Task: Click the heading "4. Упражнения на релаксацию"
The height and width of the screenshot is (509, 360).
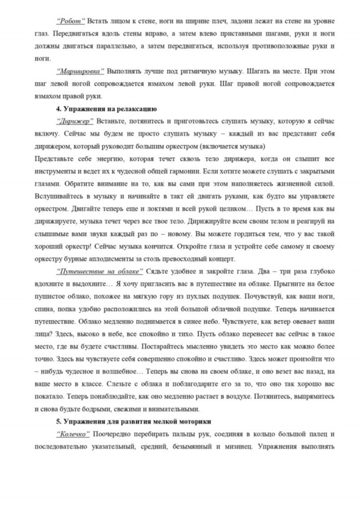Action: pos(106,108)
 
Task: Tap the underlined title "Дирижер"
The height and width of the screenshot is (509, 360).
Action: pos(75,121)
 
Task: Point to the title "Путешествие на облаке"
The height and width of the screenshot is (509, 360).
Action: pos(100,271)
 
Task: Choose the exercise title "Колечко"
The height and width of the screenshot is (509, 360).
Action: pos(73,433)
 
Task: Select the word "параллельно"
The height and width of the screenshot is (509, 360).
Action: pos(113,46)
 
